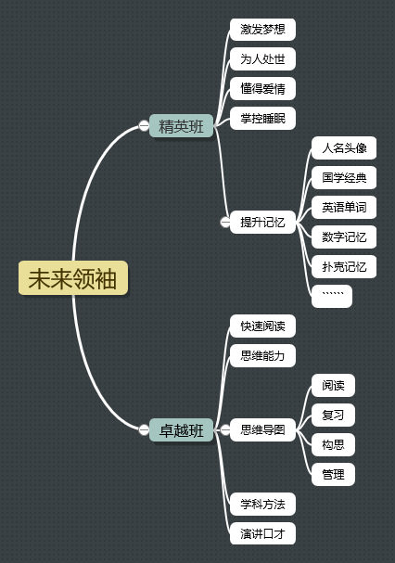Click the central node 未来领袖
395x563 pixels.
click(x=73, y=278)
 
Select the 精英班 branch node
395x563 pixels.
click(x=182, y=125)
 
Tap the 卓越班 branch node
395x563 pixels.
click(x=182, y=429)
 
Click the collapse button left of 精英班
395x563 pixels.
click(x=144, y=125)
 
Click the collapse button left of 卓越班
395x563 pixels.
click(x=144, y=429)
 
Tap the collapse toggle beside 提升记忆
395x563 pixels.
click(x=225, y=223)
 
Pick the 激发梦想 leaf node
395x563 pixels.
click(x=262, y=30)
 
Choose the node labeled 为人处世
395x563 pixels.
click(x=262, y=58)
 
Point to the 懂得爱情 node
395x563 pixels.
click(x=262, y=89)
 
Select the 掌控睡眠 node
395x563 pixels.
click(x=262, y=118)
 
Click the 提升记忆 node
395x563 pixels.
click(x=262, y=223)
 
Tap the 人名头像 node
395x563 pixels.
click(x=344, y=147)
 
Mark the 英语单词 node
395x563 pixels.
click(x=344, y=207)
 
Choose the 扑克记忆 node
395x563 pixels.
click(x=344, y=267)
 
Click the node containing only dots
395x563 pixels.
click(x=332, y=296)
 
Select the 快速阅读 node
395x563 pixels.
click(x=262, y=326)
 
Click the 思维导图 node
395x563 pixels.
click(x=262, y=429)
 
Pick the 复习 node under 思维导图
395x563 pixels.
click(x=333, y=416)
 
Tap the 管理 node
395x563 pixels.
click(x=333, y=474)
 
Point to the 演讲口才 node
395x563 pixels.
click(x=262, y=533)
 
